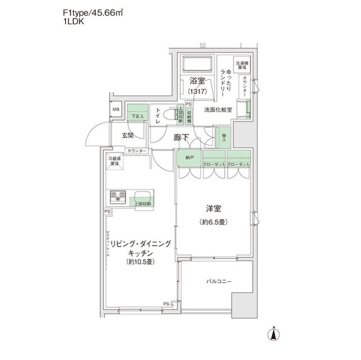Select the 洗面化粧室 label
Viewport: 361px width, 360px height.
[218, 109]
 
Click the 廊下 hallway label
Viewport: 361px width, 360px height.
[181, 137]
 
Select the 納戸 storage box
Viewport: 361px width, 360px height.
[188, 159]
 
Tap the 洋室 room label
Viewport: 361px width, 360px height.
[212, 208]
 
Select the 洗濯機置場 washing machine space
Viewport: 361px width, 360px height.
[241, 65]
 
